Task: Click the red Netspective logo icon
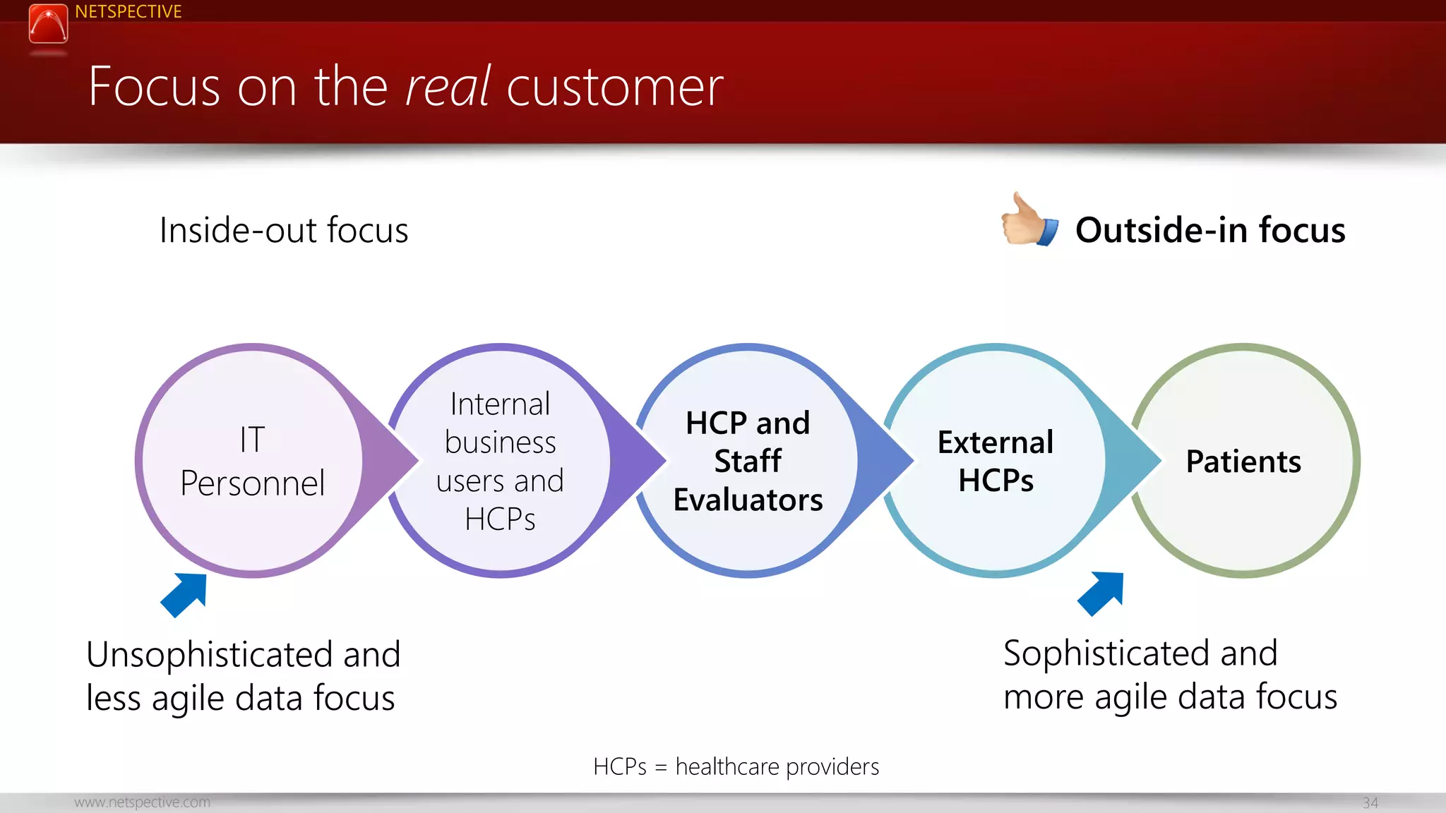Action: (x=48, y=24)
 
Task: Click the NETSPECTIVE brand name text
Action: (x=128, y=12)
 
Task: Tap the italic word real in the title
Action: (x=448, y=87)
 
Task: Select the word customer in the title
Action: (x=614, y=87)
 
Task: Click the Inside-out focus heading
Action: (x=283, y=230)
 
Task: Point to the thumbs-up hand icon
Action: (x=1029, y=222)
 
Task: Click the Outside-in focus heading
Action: (x=1209, y=230)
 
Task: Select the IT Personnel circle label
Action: (x=252, y=462)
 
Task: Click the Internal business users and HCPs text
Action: (x=500, y=462)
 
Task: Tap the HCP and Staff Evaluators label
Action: (x=748, y=462)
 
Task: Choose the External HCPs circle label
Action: (x=996, y=462)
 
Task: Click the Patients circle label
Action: (x=1243, y=462)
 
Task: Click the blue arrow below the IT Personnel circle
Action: (x=186, y=594)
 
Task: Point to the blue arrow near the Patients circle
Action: (x=1102, y=593)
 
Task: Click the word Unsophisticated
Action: (x=209, y=654)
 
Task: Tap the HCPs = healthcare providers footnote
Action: (x=736, y=766)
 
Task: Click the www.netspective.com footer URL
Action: (x=142, y=802)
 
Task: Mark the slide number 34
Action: (x=1370, y=803)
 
